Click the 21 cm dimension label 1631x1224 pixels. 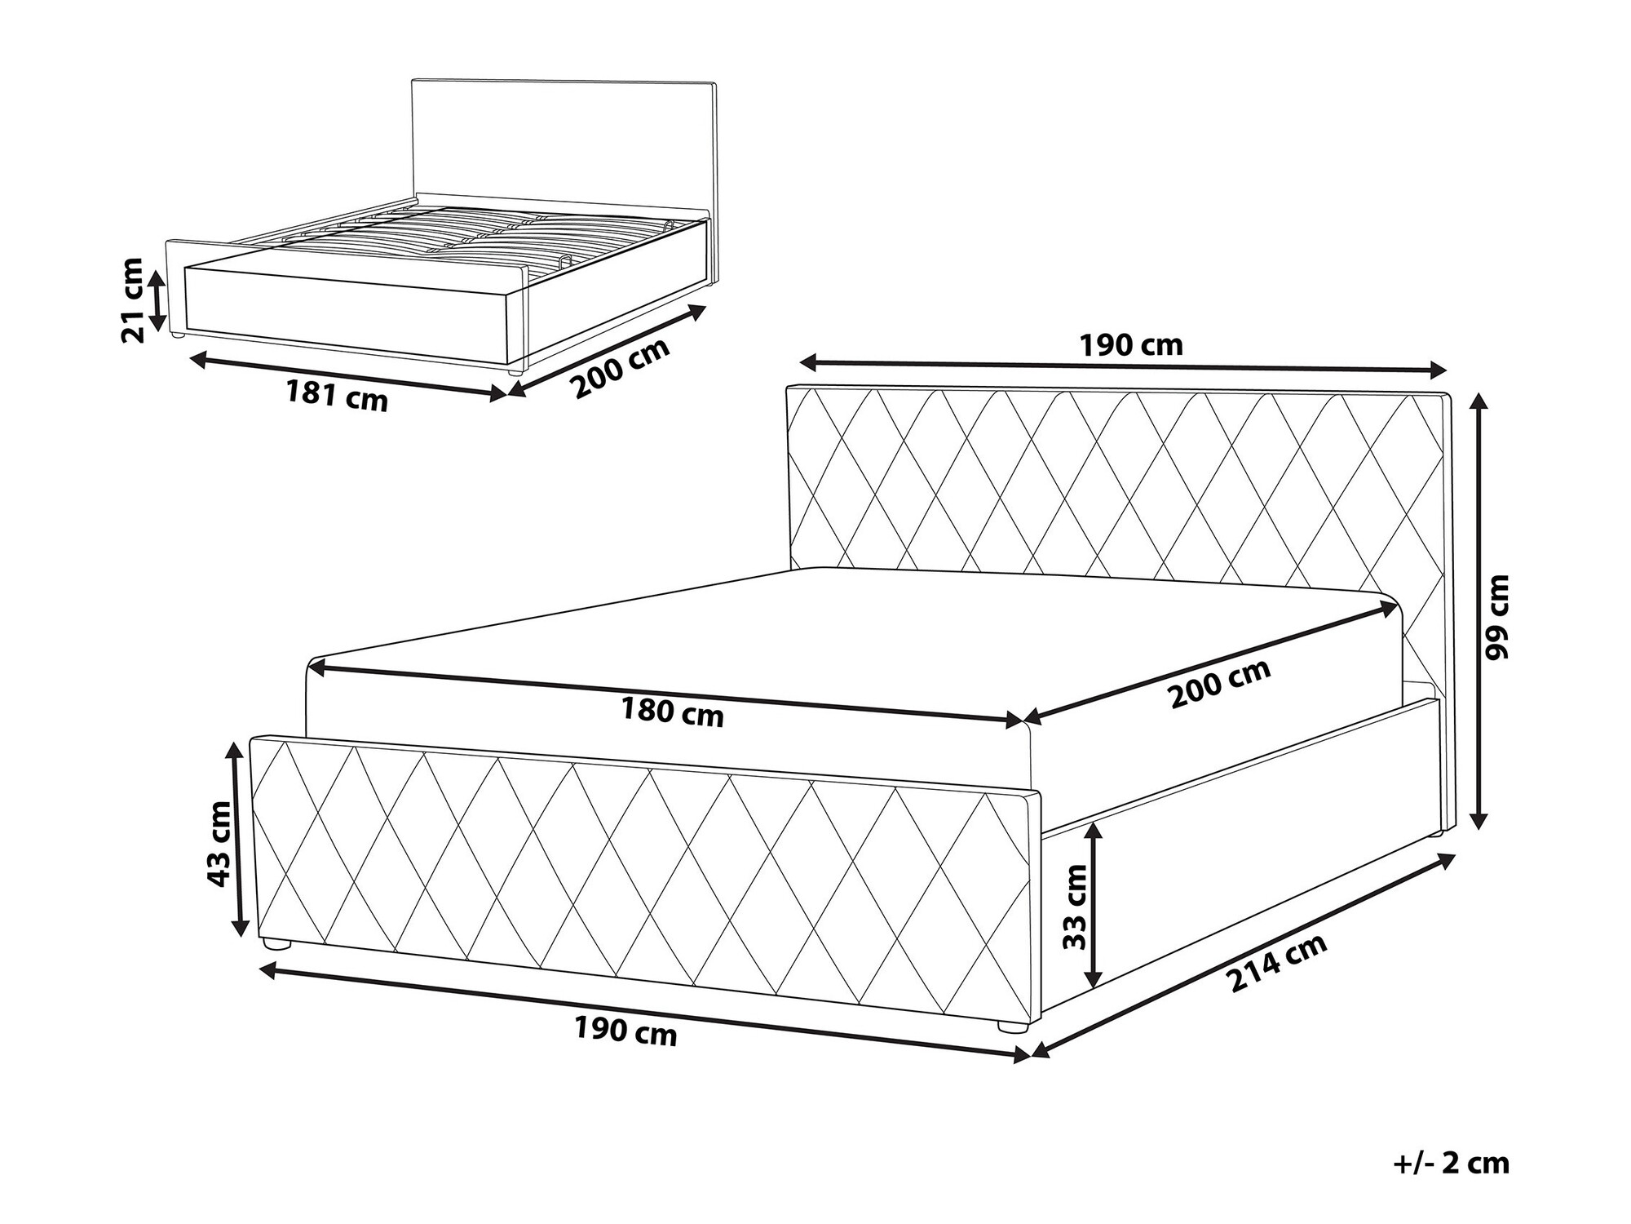click(x=132, y=299)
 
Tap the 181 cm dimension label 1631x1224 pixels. click(x=337, y=397)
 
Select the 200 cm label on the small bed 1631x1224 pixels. click(x=621, y=367)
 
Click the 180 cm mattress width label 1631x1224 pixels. click(x=672, y=712)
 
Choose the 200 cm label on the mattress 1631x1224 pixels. click(x=1220, y=682)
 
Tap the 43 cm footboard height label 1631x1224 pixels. click(x=219, y=844)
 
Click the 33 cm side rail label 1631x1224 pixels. click(x=1076, y=906)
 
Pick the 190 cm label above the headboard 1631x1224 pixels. click(x=1131, y=346)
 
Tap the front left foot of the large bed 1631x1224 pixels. click(x=278, y=946)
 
